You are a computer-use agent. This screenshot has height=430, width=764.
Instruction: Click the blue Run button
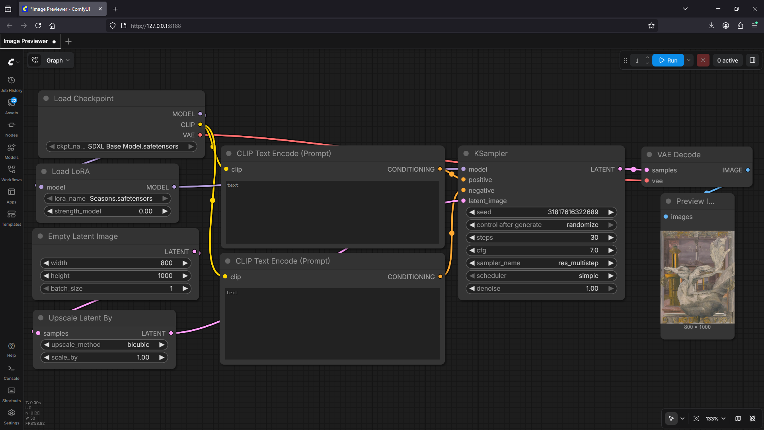[x=668, y=61]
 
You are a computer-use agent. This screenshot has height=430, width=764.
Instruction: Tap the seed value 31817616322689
[x=573, y=212]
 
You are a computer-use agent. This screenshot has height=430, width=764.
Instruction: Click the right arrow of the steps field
[x=611, y=238]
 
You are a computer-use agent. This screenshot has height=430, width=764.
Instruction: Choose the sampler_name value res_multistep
[x=578, y=263]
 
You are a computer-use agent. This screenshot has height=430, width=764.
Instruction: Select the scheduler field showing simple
[x=541, y=276]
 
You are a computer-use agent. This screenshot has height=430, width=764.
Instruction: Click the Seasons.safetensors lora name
[x=121, y=199]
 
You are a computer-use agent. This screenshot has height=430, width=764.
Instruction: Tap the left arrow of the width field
[x=46, y=263]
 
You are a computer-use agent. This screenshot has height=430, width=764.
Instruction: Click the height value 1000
[x=165, y=276]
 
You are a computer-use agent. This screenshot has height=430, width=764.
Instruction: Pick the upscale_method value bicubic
[x=138, y=345]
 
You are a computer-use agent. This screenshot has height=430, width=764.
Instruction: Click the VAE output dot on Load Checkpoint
[x=200, y=135]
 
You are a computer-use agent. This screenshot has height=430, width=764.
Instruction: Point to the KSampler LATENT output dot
[x=620, y=169]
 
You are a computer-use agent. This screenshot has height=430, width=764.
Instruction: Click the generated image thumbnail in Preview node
[x=697, y=277]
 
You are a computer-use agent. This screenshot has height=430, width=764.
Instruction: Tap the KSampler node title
[x=491, y=154]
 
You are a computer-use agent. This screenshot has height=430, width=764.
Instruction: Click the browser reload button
[x=38, y=26]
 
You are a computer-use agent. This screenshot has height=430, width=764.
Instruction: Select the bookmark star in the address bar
[x=651, y=26]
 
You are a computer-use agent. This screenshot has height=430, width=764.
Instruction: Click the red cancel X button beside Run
[x=703, y=61]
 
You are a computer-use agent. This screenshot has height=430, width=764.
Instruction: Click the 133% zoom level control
[x=715, y=418]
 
